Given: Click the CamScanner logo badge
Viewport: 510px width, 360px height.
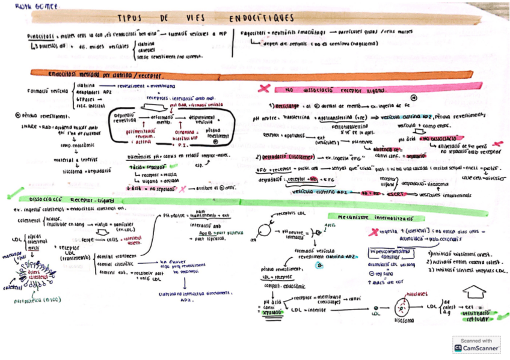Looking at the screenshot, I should [x=476, y=344].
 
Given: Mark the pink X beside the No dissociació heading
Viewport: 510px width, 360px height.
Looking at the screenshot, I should [x=263, y=88].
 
